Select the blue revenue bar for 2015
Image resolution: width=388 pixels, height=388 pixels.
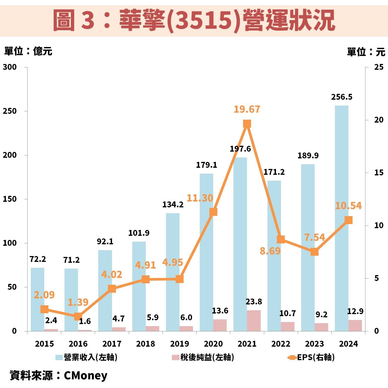(x=38, y=299)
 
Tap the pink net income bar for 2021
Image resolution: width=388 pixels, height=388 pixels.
(x=254, y=321)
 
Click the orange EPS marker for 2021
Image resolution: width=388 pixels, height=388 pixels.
(x=247, y=124)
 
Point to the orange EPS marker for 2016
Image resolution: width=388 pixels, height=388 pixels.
(x=78, y=316)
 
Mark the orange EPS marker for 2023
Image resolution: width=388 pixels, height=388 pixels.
(x=314, y=252)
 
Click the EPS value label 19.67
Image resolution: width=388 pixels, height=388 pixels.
(x=247, y=109)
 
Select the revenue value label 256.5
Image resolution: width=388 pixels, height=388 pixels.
(x=342, y=97)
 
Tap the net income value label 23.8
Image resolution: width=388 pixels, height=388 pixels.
(x=254, y=302)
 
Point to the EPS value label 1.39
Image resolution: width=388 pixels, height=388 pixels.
(x=78, y=302)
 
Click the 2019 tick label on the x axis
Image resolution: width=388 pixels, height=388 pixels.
(x=179, y=344)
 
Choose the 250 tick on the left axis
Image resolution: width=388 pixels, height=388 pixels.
(x=10, y=111)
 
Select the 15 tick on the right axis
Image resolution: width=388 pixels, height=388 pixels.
(x=379, y=173)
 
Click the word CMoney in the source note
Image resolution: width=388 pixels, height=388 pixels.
(x=85, y=376)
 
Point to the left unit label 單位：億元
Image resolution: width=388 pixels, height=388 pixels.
(x=28, y=51)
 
